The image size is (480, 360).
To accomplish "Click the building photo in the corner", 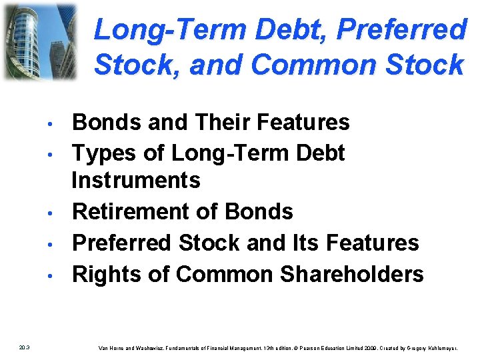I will (x=39, y=41).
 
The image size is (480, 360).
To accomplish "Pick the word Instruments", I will (x=136, y=180).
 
